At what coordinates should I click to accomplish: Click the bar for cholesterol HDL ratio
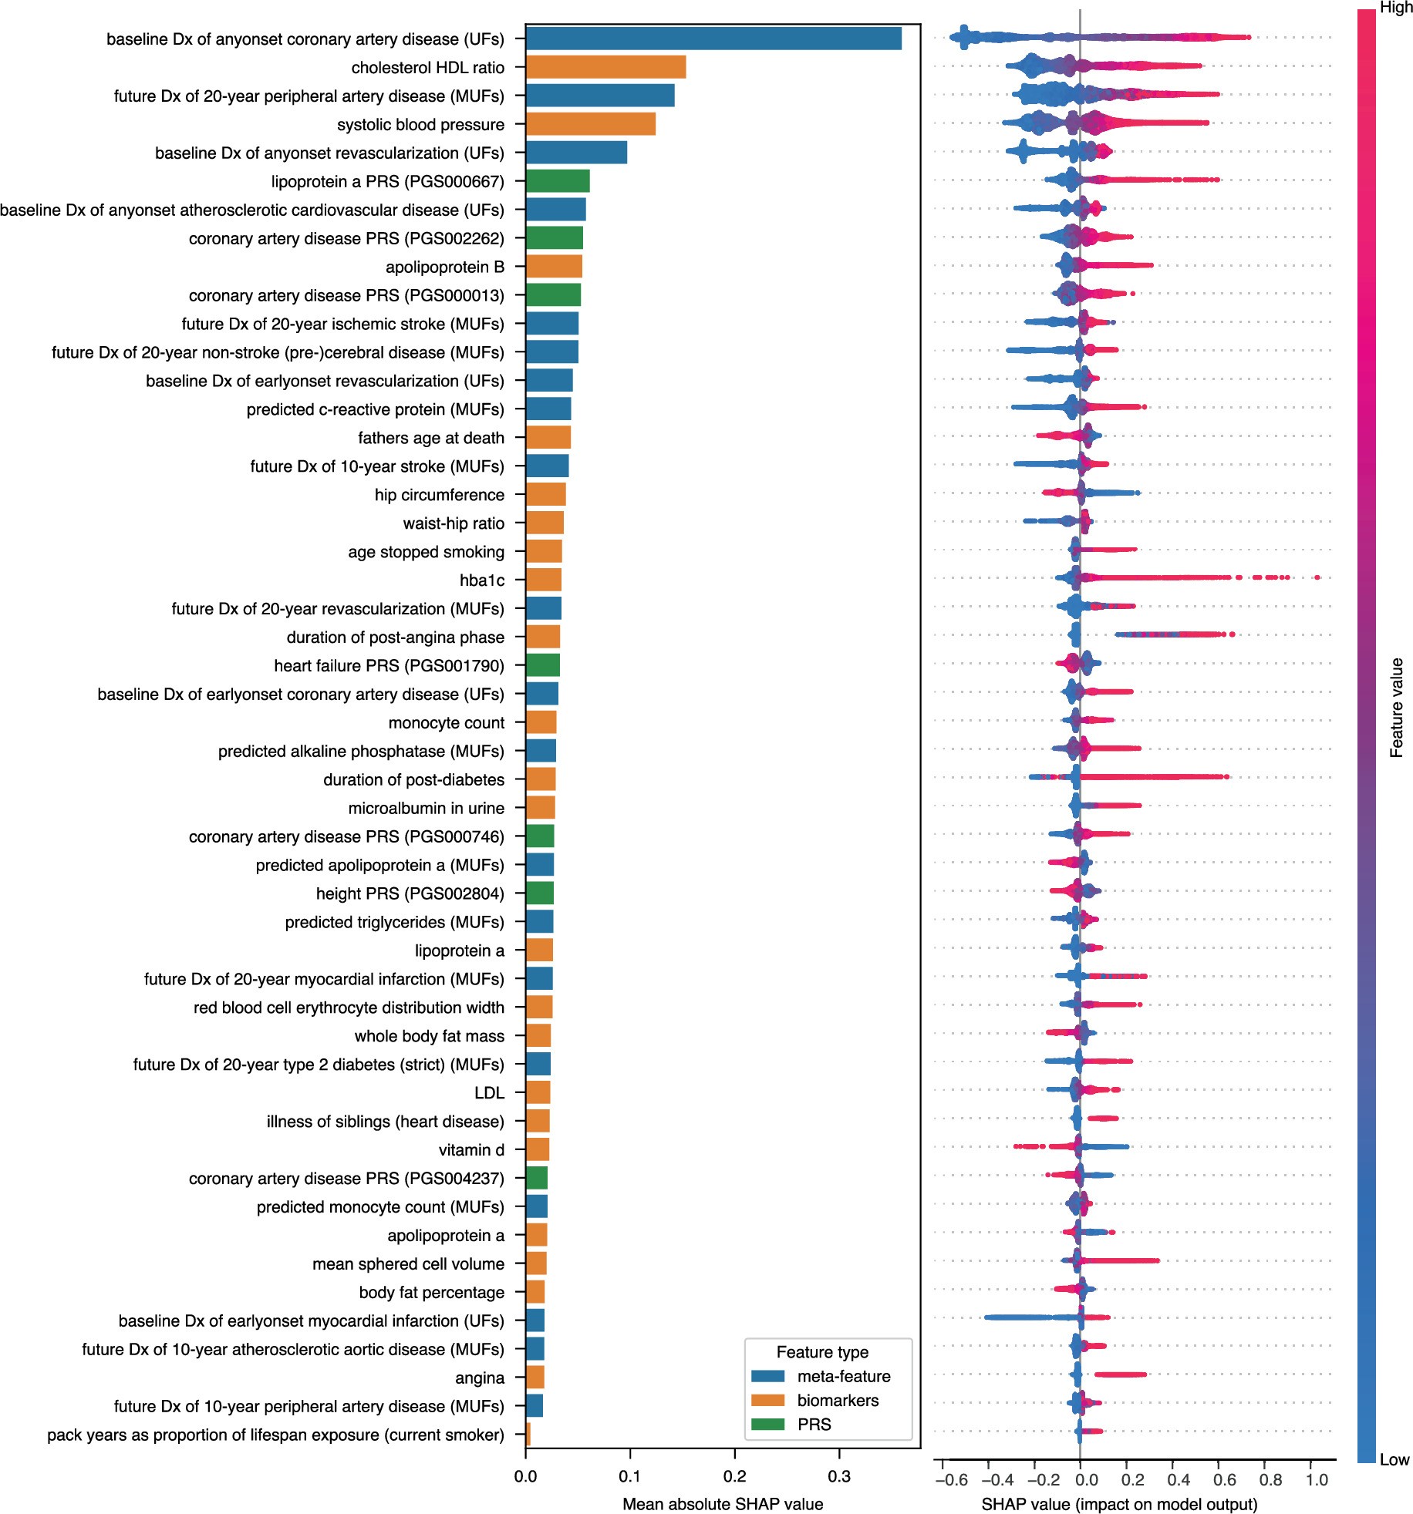(605, 68)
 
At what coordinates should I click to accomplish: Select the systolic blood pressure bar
(590, 124)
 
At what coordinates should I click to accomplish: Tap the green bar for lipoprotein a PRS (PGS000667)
(558, 181)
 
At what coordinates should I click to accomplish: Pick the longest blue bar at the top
(713, 39)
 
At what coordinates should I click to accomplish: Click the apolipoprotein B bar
(554, 267)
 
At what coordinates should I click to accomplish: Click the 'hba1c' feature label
(482, 580)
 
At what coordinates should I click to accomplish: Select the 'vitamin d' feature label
(471, 1150)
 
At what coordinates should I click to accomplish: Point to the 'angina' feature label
(480, 1378)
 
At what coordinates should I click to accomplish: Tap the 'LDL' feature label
(489, 1093)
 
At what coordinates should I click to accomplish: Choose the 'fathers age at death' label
(430, 438)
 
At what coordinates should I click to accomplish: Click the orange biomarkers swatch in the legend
(767, 1400)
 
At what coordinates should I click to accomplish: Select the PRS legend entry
(814, 1424)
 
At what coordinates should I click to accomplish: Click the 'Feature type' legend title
(822, 1352)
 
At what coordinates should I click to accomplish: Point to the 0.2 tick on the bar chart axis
(735, 1475)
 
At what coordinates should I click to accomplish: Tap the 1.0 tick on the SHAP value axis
(1317, 1479)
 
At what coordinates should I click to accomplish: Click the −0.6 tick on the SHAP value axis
(950, 1479)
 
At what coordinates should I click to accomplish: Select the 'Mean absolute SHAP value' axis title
(723, 1504)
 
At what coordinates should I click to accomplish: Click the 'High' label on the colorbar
(1396, 8)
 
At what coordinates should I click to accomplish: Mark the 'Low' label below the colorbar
(1394, 1459)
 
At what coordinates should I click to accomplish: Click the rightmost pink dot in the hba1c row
(1317, 577)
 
